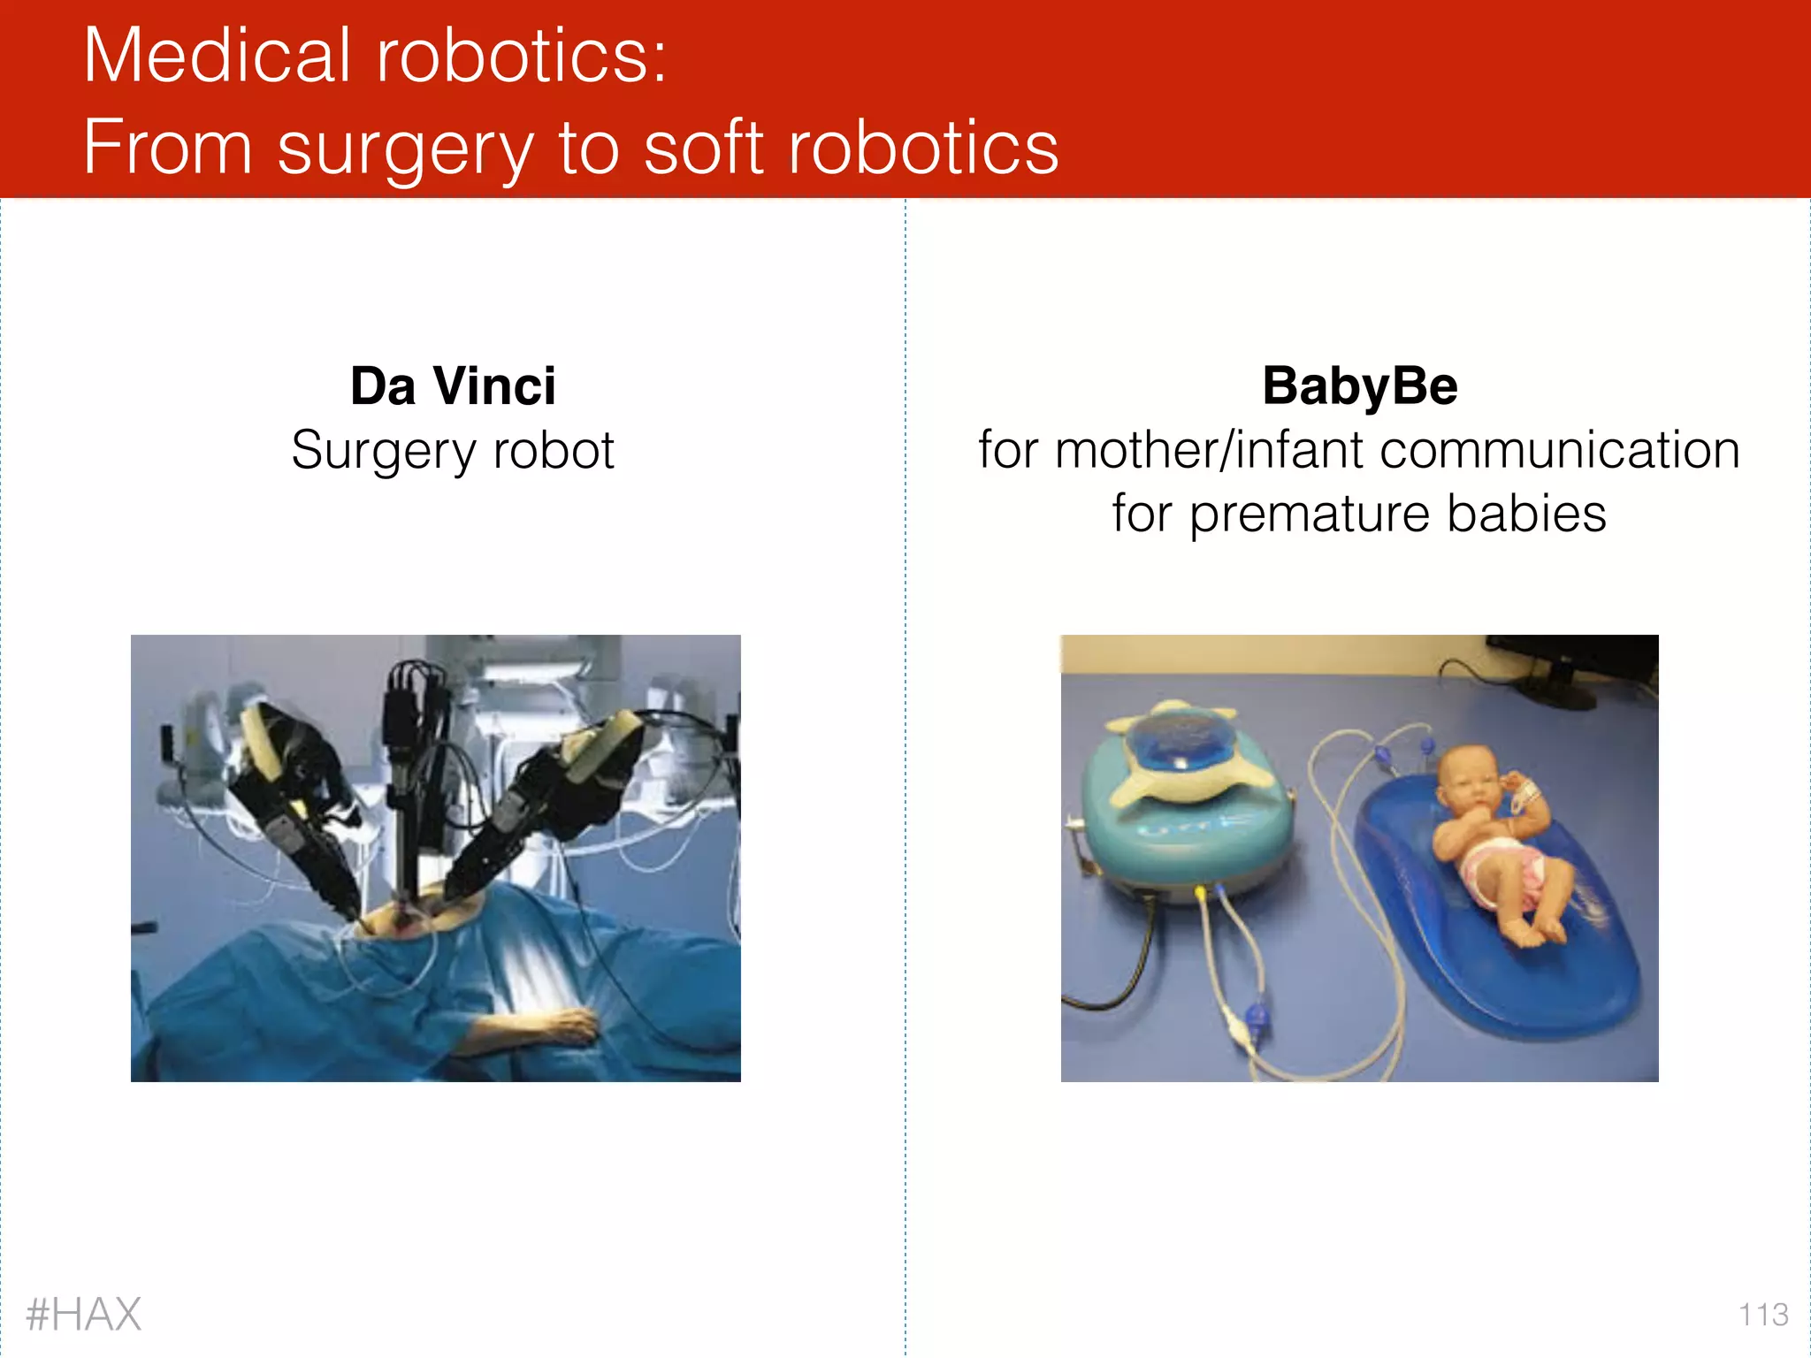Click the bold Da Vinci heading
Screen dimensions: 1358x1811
pos(453,386)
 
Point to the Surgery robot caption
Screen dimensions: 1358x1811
pos(453,451)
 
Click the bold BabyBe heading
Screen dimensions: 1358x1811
pos(1359,386)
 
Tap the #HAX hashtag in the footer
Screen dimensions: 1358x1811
pos(84,1314)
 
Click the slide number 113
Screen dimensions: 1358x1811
pos(1763,1315)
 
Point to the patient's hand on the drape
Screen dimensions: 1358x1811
pos(557,1026)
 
